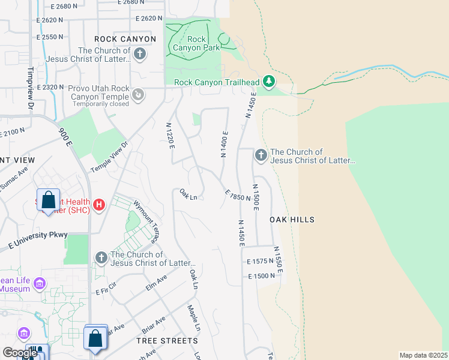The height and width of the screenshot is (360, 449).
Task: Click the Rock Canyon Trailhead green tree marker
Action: pos(270,81)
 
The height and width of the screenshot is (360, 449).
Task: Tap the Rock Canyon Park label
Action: pos(196,44)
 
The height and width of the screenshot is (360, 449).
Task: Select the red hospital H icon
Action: pos(99,205)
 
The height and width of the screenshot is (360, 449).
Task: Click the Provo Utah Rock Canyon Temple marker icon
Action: pos(139,94)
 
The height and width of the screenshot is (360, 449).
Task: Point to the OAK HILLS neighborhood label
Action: pos(292,220)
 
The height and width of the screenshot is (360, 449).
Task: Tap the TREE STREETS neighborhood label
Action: pos(167,340)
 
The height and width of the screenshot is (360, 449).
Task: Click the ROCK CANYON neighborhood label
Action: pos(125,39)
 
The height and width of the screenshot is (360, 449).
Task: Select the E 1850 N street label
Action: pos(238,196)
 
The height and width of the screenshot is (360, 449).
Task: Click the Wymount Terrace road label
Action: pos(146,221)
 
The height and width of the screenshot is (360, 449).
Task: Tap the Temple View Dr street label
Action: pos(110,157)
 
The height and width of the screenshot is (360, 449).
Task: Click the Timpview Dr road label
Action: pos(30,87)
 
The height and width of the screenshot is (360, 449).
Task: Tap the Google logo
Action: pos(19,353)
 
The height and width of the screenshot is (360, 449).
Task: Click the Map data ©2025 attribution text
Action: pos(423,355)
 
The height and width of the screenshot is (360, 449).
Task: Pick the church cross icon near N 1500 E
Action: pos(261,156)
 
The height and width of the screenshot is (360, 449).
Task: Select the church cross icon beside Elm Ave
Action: pos(101,258)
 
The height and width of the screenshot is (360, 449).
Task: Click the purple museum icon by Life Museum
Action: pos(40,283)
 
